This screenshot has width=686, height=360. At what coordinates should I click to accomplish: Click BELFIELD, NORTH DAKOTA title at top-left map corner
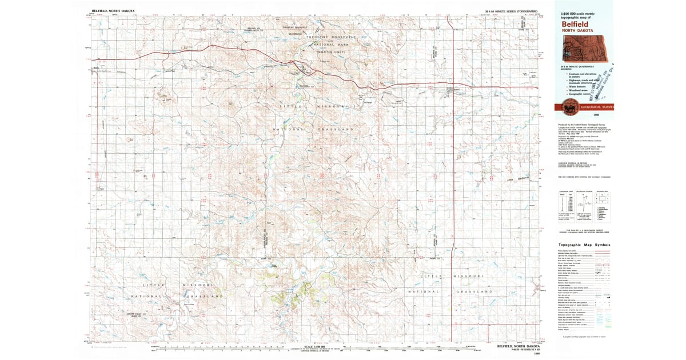[x=113, y=10]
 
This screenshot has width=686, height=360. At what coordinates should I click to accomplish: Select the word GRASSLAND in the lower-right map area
[x=474, y=291]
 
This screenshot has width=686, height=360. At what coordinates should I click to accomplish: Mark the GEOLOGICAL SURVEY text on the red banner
[x=595, y=107]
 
